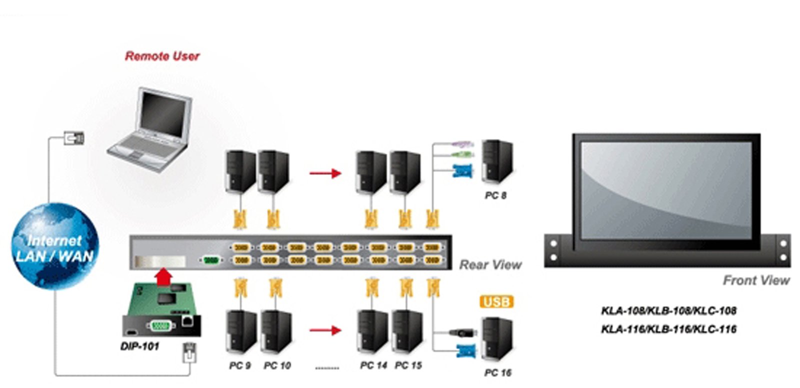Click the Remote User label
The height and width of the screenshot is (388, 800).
[162, 56]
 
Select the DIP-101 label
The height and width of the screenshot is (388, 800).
[139, 346]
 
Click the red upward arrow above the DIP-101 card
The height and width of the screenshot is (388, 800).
[163, 276]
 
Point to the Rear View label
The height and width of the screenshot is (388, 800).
[490, 264]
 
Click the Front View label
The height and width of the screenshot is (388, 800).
[756, 280]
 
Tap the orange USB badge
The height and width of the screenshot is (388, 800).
[496, 302]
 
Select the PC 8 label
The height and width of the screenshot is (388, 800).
[495, 195]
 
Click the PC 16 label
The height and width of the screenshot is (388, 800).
[497, 372]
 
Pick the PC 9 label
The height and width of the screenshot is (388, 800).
[239, 366]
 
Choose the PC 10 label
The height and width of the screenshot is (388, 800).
[277, 366]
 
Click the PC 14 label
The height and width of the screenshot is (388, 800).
[373, 366]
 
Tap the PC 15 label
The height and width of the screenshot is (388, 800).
[408, 366]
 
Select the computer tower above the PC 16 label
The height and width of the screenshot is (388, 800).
[496, 339]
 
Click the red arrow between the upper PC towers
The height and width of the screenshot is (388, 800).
[325, 173]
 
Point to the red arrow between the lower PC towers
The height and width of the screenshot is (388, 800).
[325, 330]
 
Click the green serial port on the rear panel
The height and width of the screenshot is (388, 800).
[211, 260]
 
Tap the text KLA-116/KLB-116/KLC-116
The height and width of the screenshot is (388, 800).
[668, 329]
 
